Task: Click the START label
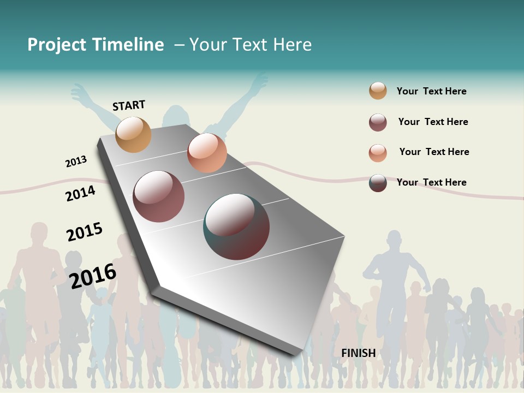129,105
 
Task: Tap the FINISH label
359,353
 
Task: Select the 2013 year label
76,162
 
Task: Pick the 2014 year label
80,193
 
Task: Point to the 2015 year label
85,231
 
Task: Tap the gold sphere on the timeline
134,134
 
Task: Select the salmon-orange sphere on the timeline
207,153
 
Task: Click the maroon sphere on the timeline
159,196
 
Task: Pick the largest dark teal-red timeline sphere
236,227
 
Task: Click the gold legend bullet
378,91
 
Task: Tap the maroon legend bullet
378,122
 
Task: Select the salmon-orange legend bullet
378,153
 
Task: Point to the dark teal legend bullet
378,183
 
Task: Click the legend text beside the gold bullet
431,91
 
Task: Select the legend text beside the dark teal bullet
431,182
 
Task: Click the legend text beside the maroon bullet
433,122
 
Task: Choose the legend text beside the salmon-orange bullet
434,152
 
